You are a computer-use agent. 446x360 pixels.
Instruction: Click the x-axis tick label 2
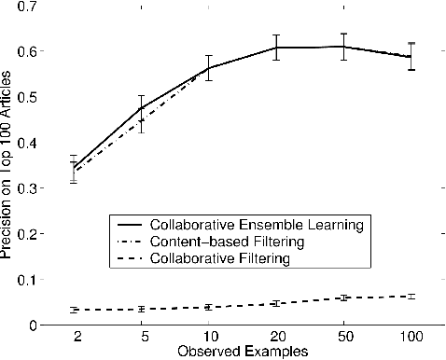point(74,335)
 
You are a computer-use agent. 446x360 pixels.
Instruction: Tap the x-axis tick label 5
point(141,335)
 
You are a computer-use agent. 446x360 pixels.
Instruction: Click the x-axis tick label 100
point(411,335)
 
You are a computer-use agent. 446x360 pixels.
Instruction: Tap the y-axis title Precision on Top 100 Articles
point(8,166)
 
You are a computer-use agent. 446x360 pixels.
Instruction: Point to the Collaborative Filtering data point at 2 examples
point(74,310)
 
